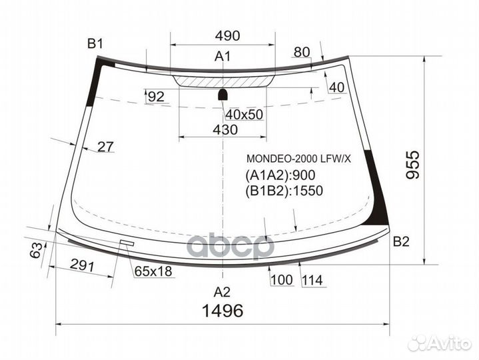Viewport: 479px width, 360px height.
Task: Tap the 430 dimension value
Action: coord(225,130)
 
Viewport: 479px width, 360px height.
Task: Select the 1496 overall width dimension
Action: coord(224,311)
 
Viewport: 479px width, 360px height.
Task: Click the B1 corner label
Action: coord(95,45)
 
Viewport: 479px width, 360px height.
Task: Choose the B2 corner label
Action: coord(401,241)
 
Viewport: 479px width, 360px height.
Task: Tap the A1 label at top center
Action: coord(222,57)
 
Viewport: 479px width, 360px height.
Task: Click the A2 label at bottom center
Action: coord(222,291)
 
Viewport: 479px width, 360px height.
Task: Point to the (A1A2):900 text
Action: coord(280,175)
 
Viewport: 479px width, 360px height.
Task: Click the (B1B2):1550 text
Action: coord(284,191)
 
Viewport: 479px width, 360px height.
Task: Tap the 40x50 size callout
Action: coord(244,114)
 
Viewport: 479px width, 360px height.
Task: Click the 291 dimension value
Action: coord(83,266)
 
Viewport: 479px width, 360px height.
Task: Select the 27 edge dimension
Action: coord(106,147)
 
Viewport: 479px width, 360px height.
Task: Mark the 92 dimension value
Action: coord(156,97)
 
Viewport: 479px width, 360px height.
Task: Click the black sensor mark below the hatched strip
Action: coord(224,93)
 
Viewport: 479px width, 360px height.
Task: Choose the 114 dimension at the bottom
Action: coord(312,281)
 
